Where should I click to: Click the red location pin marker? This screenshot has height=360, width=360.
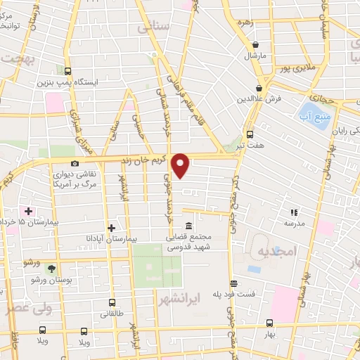coord(181,165)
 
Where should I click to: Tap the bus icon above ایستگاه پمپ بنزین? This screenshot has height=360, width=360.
coord(68,71)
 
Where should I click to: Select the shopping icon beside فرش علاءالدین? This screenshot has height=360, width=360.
coord(259,88)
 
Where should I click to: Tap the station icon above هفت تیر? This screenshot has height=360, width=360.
coord(250,134)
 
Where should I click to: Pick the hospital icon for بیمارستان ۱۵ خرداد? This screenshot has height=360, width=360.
coord(28,210)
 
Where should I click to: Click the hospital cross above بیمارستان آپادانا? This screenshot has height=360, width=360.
coord(112,227)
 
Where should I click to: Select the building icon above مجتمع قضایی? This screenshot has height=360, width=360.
coord(188,226)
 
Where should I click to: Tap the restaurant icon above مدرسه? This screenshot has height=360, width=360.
coord(294,211)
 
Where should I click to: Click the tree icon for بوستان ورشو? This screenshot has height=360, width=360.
coord(51,269)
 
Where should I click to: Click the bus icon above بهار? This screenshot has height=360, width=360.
coord(270,323)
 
